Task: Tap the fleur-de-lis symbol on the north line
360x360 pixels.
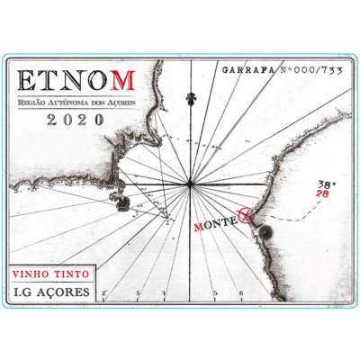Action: (190, 96)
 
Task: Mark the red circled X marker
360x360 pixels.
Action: (241, 217)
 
